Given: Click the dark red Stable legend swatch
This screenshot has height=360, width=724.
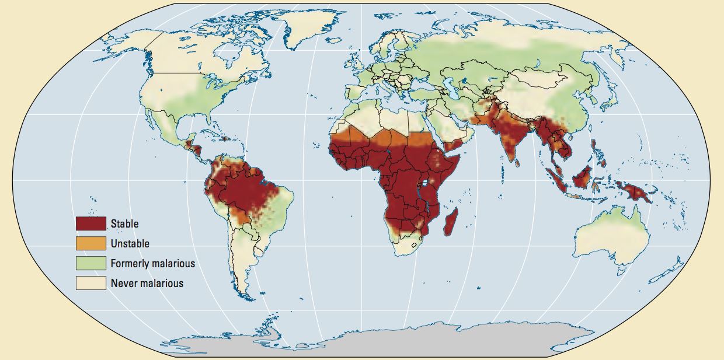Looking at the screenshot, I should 90,223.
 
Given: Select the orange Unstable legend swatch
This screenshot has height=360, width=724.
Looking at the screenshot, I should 90,243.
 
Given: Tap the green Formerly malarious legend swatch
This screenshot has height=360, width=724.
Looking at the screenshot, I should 90,263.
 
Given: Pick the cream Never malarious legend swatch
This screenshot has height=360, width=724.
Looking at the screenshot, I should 90,283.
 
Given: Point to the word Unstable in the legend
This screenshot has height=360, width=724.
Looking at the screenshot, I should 130,243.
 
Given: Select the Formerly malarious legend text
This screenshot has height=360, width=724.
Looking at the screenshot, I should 152,264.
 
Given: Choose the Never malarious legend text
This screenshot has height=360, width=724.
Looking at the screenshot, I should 147,284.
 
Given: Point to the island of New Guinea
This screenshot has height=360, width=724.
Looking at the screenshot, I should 633,193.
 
